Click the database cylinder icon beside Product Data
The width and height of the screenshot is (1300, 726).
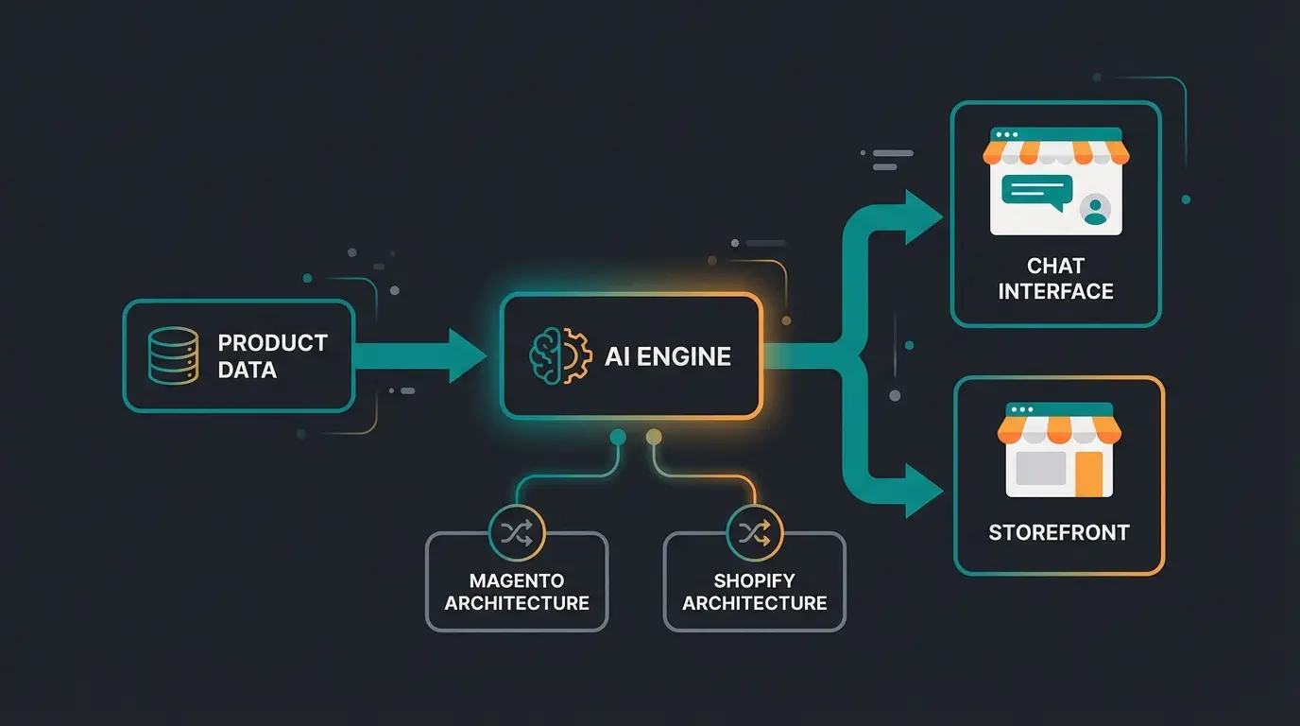[174, 355]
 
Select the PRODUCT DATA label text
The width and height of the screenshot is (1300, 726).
[272, 355]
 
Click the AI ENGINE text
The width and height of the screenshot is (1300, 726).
[667, 356]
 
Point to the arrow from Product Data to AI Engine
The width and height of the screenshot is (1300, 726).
[420, 356]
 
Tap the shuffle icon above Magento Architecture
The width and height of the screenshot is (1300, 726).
[517, 532]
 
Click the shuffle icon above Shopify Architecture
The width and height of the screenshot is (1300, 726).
[755, 532]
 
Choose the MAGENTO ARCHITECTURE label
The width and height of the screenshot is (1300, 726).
[517, 592]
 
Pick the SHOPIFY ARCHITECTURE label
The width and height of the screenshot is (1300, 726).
[755, 592]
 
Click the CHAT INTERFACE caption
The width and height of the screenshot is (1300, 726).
[1055, 278]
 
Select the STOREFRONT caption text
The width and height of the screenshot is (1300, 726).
[1058, 532]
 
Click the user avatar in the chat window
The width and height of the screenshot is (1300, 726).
[1095, 210]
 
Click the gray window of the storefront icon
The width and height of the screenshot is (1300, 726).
[1040, 469]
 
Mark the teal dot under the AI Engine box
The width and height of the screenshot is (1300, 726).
[618, 436]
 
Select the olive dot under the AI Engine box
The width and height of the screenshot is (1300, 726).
[652, 436]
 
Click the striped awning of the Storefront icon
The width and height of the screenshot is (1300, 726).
[1059, 430]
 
